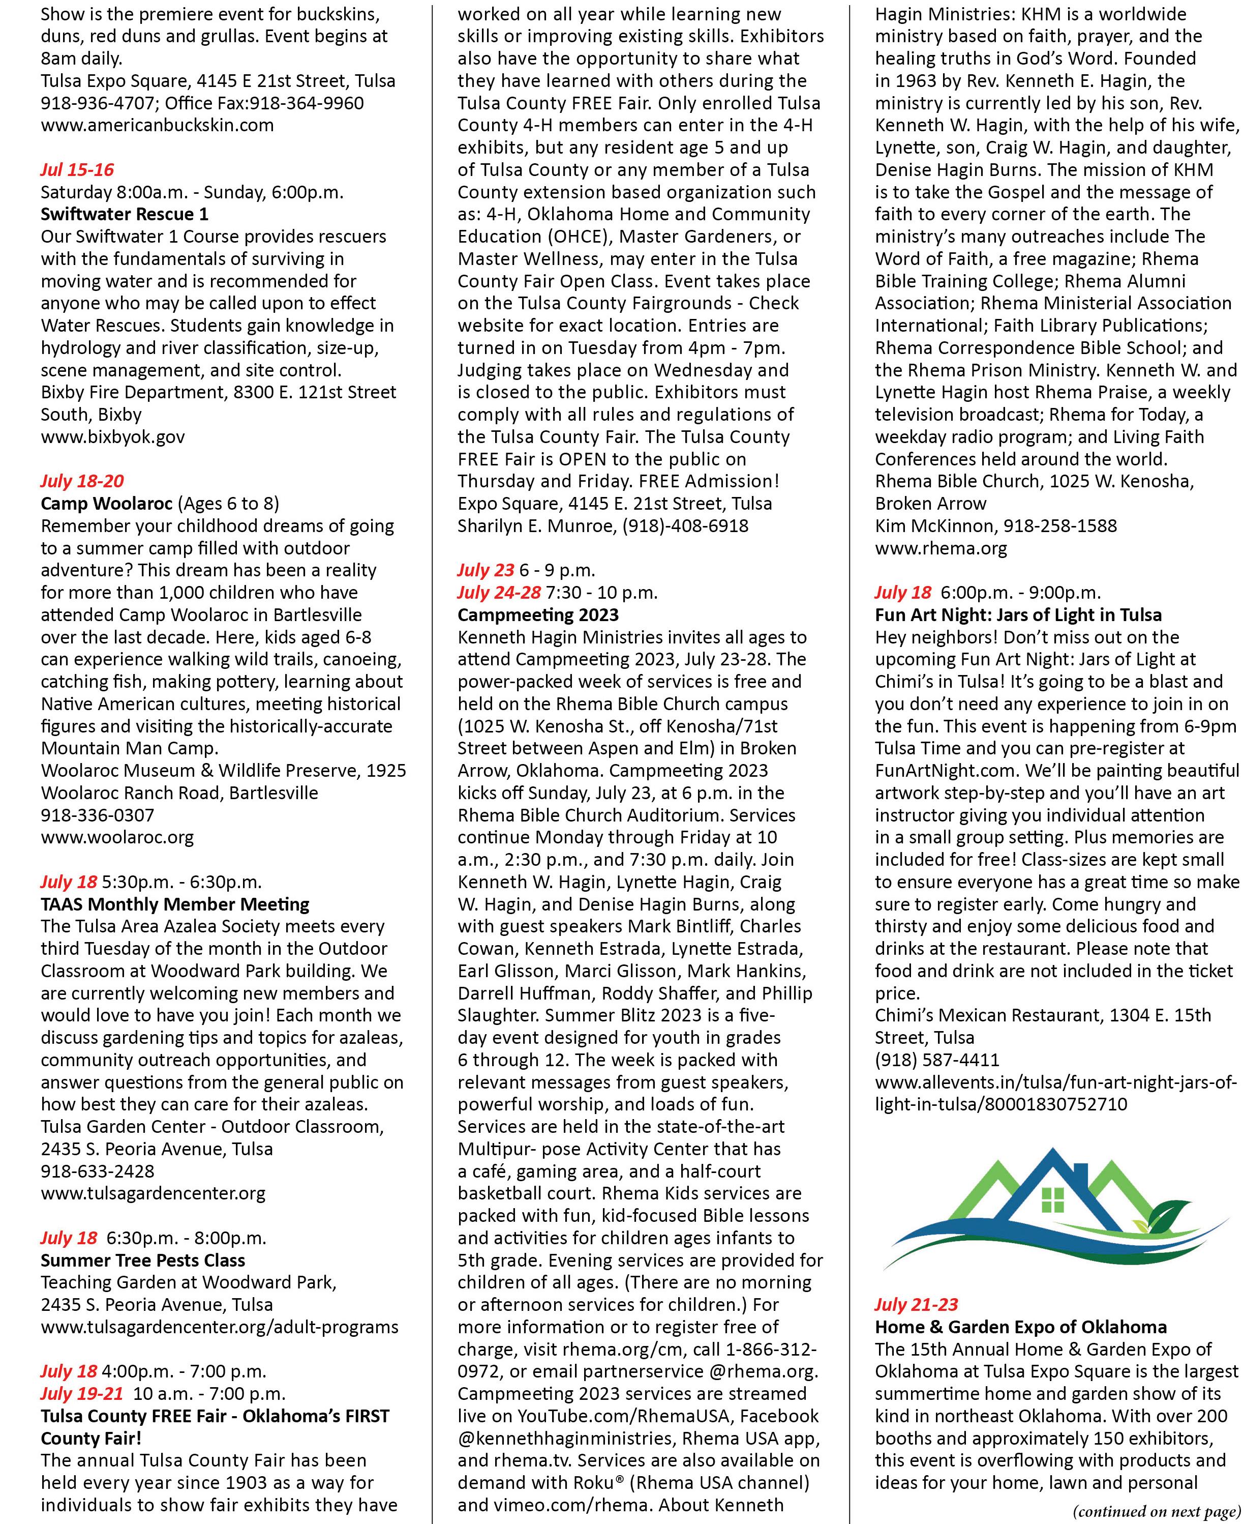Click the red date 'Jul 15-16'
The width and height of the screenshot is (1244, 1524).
[x=77, y=170]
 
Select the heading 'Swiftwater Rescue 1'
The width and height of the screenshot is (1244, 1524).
[x=125, y=214]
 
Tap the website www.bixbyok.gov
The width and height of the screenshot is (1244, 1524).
[x=112, y=436]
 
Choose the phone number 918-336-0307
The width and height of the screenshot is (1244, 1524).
[x=98, y=815]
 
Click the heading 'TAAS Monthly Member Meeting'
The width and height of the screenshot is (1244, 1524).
[x=175, y=904]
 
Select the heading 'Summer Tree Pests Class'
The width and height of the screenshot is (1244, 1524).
[x=143, y=1260]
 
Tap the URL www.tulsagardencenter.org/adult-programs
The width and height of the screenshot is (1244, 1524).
[x=219, y=1327]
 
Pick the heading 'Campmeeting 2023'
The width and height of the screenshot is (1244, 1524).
[x=537, y=615]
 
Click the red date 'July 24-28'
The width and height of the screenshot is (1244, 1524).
[x=499, y=593]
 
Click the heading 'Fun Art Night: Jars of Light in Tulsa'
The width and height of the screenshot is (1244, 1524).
[x=1018, y=615]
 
